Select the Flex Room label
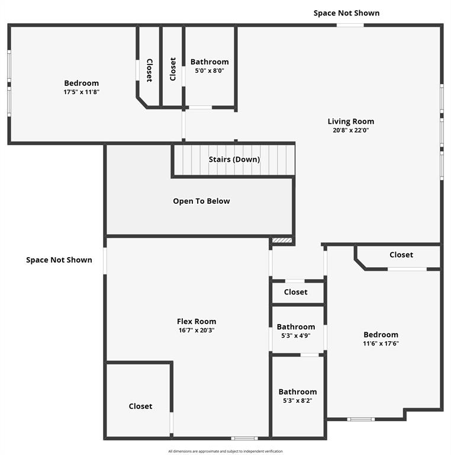(x=196, y=322)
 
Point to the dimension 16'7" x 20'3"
(x=196, y=331)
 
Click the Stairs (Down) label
(x=234, y=159)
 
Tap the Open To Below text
(x=201, y=201)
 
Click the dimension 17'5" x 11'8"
(x=81, y=92)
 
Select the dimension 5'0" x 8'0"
(x=210, y=71)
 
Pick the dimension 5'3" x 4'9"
(x=296, y=335)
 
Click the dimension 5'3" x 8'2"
(x=298, y=400)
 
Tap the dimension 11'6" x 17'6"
(x=381, y=344)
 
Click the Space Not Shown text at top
(x=346, y=13)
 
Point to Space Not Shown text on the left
(x=59, y=259)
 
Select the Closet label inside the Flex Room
(x=140, y=406)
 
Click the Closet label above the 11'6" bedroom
(x=401, y=255)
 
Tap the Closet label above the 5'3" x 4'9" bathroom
(x=295, y=292)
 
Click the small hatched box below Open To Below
(x=282, y=241)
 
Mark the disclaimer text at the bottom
(x=225, y=451)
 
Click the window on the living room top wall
(x=350, y=25)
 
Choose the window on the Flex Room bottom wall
(x=244, y=438)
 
